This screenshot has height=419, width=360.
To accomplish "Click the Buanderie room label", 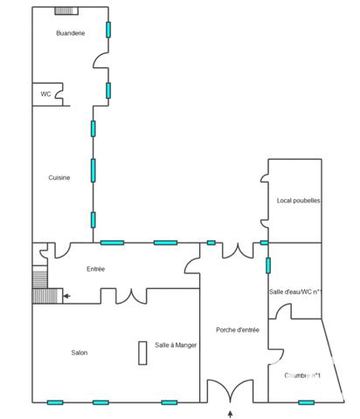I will [x=70, y=33].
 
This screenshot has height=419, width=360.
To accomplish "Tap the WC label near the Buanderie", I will [x=45, y=94].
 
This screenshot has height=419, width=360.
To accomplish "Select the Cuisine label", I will [x=59, y=178].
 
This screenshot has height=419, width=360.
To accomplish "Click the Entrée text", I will [x=95, y=269].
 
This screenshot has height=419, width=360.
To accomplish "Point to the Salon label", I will [x=80, y=353].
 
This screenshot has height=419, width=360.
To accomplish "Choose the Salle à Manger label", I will [x=176, y=346].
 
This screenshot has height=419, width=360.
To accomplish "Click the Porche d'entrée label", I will [x=237, y=330].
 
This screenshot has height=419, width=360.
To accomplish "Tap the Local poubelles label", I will [x=298, y=201].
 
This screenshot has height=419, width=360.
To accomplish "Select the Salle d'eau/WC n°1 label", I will [x=296, y=292].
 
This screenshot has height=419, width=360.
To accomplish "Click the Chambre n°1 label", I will [x=302, y=375].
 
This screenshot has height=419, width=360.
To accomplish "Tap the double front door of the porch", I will [x=231, y=392].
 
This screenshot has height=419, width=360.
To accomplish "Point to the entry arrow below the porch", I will [x=231, y=412].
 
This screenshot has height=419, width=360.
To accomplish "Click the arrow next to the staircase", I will [x=66, y=297].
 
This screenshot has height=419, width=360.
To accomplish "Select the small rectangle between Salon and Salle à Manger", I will [x=142, y=353].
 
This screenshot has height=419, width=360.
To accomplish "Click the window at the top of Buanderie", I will [x=65, y=10].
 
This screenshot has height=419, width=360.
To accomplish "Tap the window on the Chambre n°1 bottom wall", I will [x=306, y=402].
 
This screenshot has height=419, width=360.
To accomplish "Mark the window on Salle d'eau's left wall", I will [x=268, y=265].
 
